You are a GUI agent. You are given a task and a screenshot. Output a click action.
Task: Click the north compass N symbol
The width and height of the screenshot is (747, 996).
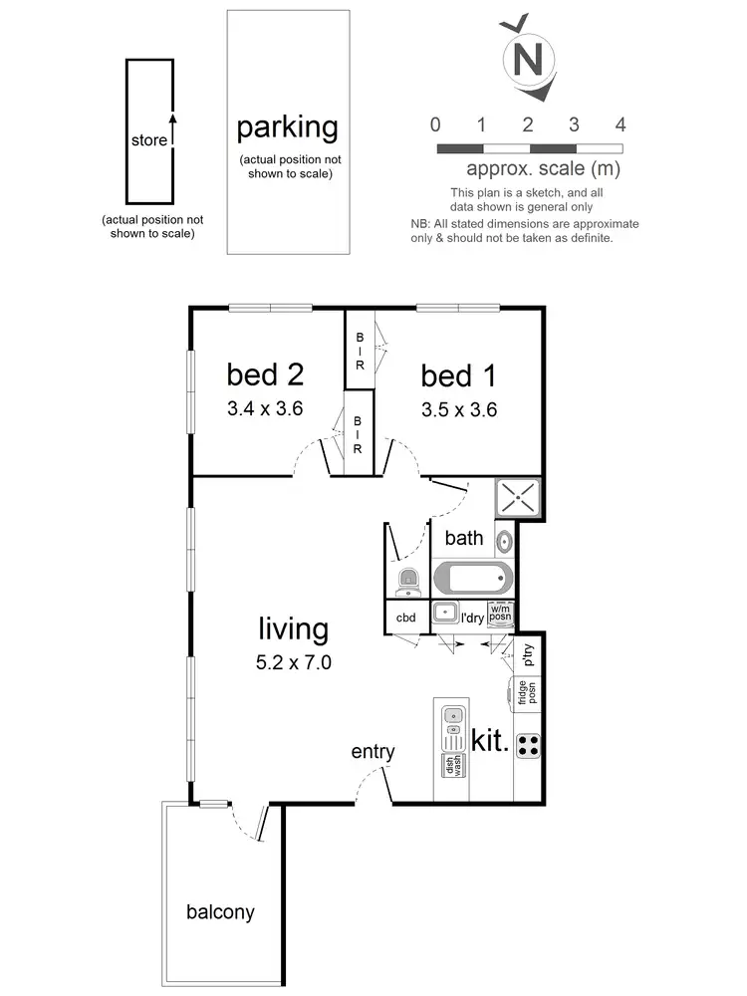[x=527, y=59]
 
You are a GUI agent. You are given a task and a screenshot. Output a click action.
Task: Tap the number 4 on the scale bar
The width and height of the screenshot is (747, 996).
[x=621, y=124]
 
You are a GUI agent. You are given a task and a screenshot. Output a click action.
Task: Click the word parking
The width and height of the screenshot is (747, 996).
[x=287, y=127]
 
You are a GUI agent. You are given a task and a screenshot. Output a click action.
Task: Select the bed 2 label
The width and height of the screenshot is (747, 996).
[x=265, y=374]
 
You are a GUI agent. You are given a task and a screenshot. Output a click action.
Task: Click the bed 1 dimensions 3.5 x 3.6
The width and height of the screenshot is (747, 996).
[x=459, y=408]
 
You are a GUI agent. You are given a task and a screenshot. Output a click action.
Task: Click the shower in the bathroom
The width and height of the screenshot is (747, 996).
[x=518, y=498]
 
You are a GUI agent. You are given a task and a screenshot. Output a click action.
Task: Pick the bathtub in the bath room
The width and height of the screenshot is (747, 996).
[x=473, y=578]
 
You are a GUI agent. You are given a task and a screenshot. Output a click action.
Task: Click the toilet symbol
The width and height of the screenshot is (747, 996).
[x=407, y=579]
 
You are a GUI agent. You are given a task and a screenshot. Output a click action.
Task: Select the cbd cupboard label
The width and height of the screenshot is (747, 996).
[x=405, y=618]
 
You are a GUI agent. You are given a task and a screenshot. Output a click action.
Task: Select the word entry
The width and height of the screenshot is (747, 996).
[x=373, y=752]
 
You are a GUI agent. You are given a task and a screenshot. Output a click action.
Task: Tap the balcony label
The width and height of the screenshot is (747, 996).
[x=220, y=911]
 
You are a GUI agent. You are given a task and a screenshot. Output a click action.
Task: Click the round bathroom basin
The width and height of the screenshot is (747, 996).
[x=504, y=543]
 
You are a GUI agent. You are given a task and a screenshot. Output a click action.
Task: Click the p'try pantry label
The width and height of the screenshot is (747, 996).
[x=528, y=654]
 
